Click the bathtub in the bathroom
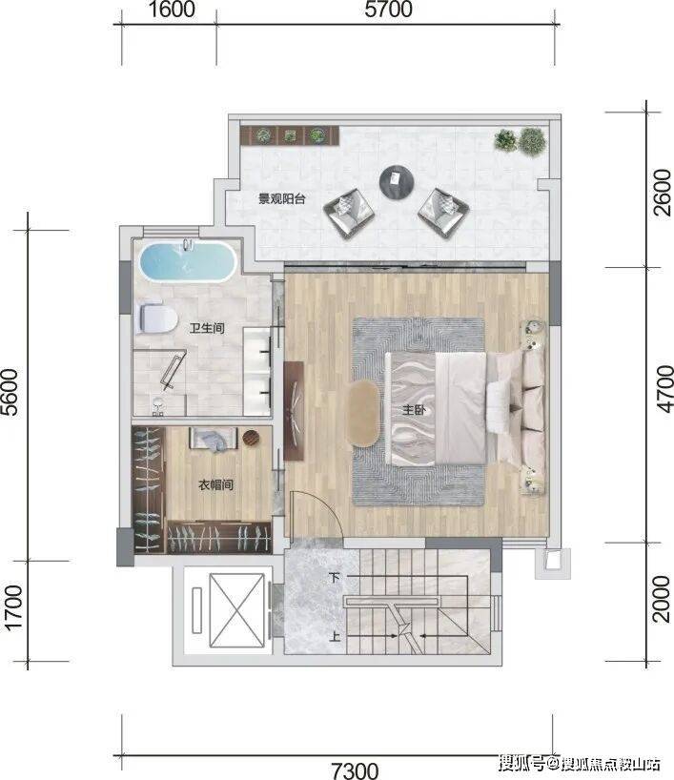[188, 261]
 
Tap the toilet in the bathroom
[155, 318]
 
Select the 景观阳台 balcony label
[281, 199]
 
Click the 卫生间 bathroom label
[207, 328]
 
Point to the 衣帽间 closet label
[215, 484]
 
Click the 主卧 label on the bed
[414, 410]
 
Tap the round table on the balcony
[397, 182]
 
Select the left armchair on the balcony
[349, 214]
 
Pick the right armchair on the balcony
[443, 213]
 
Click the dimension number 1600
[172, 10]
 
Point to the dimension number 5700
[388, 10]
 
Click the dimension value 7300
[356, 770]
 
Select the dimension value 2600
[663, 193]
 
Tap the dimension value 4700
[664, 388]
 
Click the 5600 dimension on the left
[10, 392]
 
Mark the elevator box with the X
[236, 610]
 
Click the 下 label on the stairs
[335, 578]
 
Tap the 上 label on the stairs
[335, 636]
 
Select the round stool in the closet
[251, 438]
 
